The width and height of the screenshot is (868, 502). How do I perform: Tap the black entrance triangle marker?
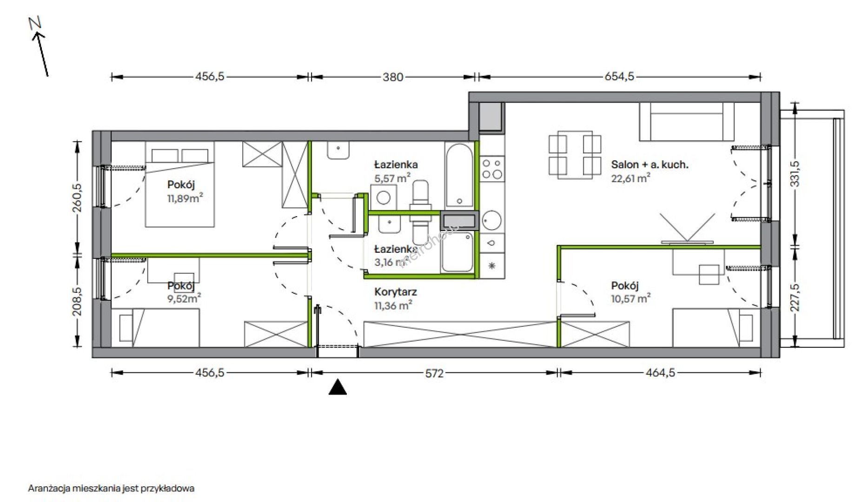click(338, 387)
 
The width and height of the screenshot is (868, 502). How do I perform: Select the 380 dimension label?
click(393, 77)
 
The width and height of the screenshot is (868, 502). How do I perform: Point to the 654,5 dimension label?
click(619, 77)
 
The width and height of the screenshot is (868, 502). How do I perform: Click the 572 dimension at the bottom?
click(434, 373)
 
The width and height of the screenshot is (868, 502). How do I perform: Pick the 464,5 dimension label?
click(660, 373)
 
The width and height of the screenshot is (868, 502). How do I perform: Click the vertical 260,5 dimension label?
click(77, 198)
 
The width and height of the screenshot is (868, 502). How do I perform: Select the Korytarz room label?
click(396, 292)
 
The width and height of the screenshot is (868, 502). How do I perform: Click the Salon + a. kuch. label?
click(649, 164)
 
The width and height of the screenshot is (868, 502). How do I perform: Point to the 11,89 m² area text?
click(185, 198)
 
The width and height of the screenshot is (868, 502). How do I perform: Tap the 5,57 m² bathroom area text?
click(392, 178)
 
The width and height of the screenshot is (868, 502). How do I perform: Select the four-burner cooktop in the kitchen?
click(492, 169)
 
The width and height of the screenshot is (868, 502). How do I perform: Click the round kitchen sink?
click(492, 220)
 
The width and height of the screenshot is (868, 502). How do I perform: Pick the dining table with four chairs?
click(575, 155)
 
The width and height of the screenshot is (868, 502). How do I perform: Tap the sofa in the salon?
click(686, 122)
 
